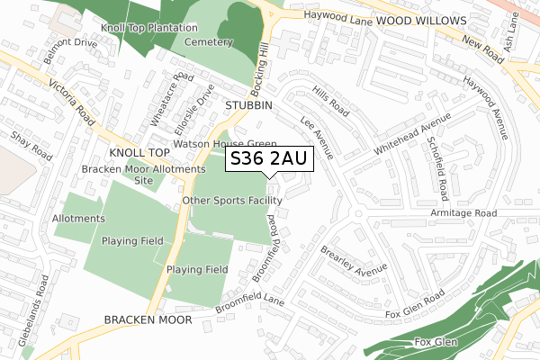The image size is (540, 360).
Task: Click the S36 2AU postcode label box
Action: [268, 158]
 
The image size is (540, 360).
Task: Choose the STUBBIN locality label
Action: [248, 105]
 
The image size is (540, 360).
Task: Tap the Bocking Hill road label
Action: [263, 67]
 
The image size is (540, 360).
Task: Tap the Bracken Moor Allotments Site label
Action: [143, 175]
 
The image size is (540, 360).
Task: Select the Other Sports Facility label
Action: [232, 200]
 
